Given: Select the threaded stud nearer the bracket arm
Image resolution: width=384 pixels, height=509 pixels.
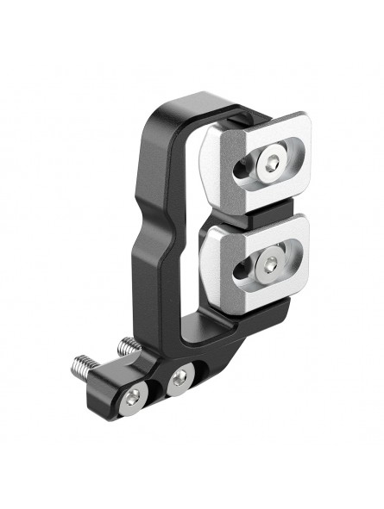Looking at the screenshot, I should coord(129,347).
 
